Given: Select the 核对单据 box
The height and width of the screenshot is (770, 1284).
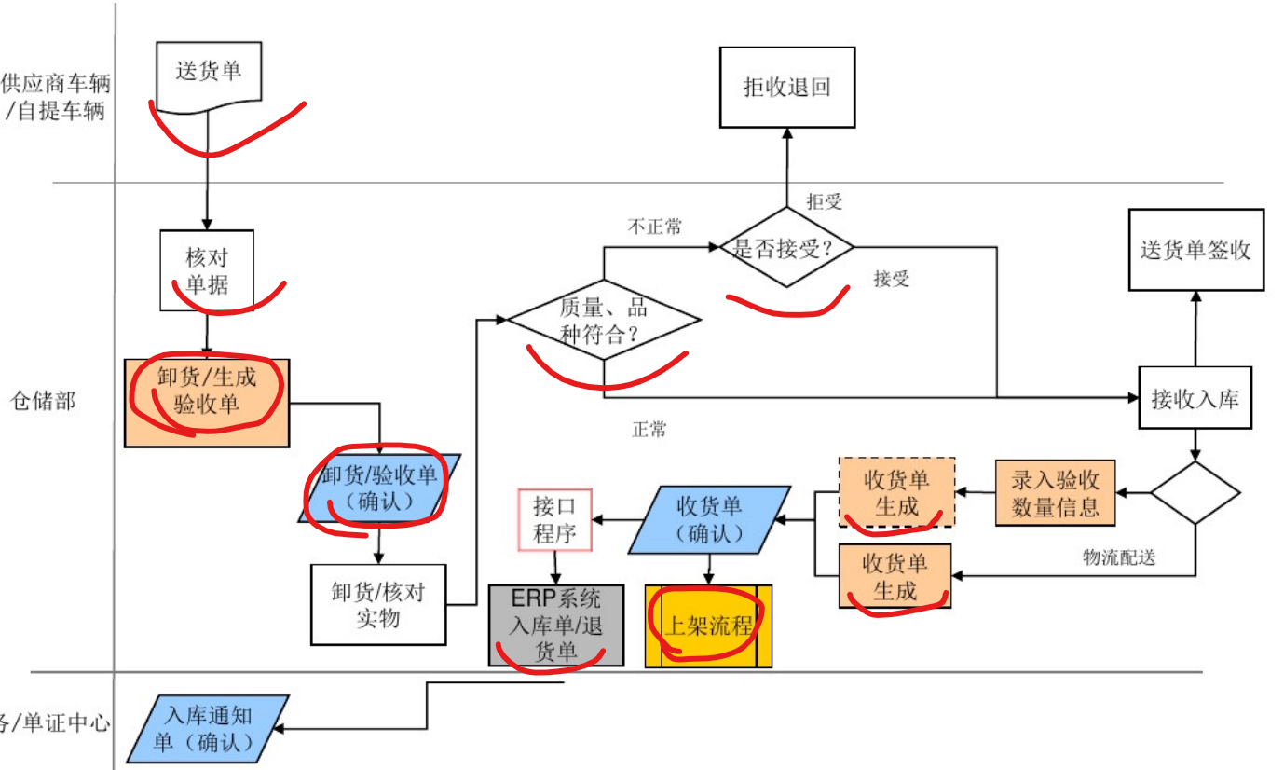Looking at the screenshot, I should tap(207, 270).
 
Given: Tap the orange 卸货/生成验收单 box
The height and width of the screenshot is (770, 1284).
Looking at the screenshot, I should tap(207, 402).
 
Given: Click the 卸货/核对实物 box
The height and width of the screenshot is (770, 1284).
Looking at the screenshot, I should tap(377, 604).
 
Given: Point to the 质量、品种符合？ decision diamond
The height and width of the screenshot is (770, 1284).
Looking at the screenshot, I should tap(604, 321).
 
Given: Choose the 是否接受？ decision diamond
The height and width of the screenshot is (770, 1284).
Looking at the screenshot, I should tap(787, 248).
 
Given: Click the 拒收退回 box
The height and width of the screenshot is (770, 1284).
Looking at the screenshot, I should tap(787, 88).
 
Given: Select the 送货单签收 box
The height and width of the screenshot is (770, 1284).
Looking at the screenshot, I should tap(1195, 250).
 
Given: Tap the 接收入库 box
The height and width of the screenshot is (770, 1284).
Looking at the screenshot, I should tap(1195, 399).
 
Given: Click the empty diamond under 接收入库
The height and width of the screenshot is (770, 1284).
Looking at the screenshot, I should tap(1195, 492).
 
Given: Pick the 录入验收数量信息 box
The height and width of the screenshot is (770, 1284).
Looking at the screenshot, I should tap(1056, 493).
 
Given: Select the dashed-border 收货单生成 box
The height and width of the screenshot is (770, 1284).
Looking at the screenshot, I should tap(896, 493).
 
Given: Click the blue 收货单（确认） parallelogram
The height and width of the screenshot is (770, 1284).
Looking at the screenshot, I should tap(710, 519).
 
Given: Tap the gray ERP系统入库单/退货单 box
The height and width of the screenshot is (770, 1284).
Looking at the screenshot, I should tap(556, 625).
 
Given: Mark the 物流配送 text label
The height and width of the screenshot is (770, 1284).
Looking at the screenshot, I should tap(1118, 557).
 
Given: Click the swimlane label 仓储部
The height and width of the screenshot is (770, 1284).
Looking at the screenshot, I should tap(42, 401).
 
